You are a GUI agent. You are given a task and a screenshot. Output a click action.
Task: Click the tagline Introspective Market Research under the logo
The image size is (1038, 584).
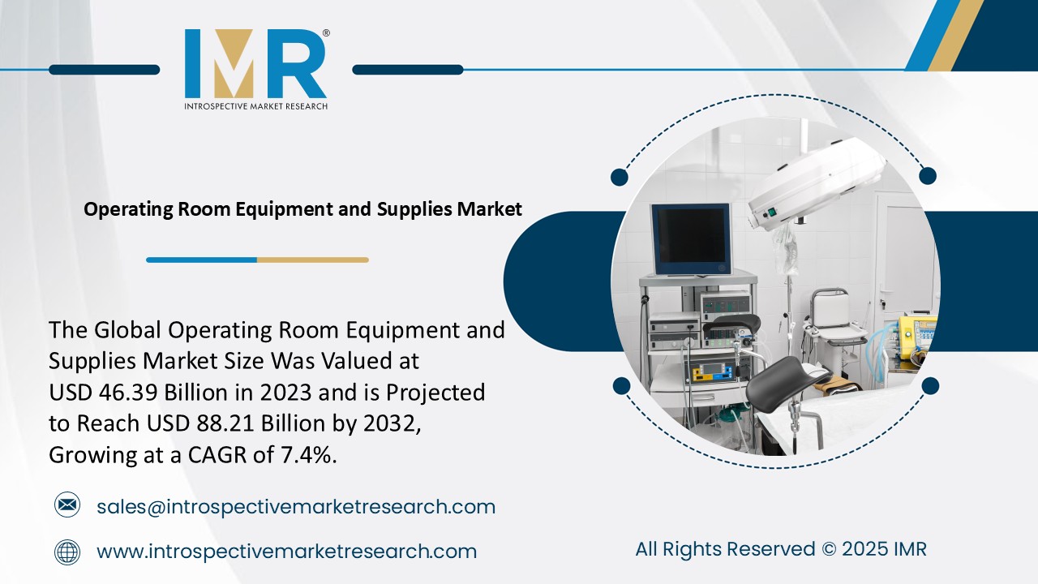pyautogui.click(x=255, y=105)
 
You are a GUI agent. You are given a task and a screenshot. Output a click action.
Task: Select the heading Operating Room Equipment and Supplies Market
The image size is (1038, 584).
pyautogui.click(x=303, y=209)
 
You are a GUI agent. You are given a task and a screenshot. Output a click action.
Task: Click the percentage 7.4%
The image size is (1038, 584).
pyautogui.click(x=308, y=455)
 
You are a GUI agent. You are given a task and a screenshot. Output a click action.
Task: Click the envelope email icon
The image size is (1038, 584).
pyautogui.click(x=67, y=506)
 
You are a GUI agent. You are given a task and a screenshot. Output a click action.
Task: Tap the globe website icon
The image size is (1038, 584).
pyautogui.click(x=67, y=552)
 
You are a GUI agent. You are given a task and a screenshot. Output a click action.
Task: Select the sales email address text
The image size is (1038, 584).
pyautogui.click(x=295, y=507)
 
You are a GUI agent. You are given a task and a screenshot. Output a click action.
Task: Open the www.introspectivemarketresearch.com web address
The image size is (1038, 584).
pyautogui.click(x=286, y=552)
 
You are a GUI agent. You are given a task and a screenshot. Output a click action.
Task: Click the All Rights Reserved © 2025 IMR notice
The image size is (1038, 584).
pyautogui.click(x=780, y=549)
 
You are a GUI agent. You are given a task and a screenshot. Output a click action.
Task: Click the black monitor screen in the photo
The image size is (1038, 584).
pyautogui.click(x=691, y=239)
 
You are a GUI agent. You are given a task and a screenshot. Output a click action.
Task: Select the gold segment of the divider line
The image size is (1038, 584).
pyautogui.click(x=312, y=260)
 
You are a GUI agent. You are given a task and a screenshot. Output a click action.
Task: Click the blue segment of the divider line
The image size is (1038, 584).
pyautogui.click(x=201, y=260)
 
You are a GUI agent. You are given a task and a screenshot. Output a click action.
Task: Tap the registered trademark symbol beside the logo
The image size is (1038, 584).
pyautogui.click(x=326, y=33)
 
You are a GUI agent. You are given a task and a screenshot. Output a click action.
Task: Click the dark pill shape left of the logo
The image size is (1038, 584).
pyautogui.click(x=104, y=70)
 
